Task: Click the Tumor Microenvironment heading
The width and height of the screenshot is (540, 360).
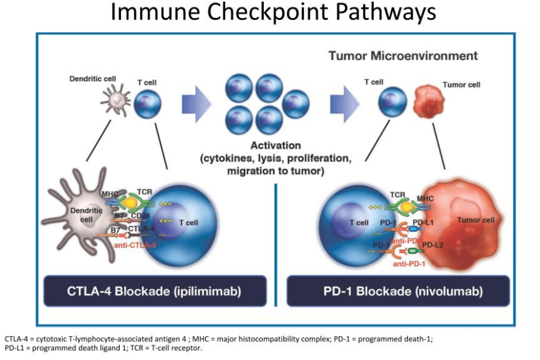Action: [x=403, y=56]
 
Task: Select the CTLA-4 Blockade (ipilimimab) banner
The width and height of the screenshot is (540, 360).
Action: [x=154, y=291]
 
